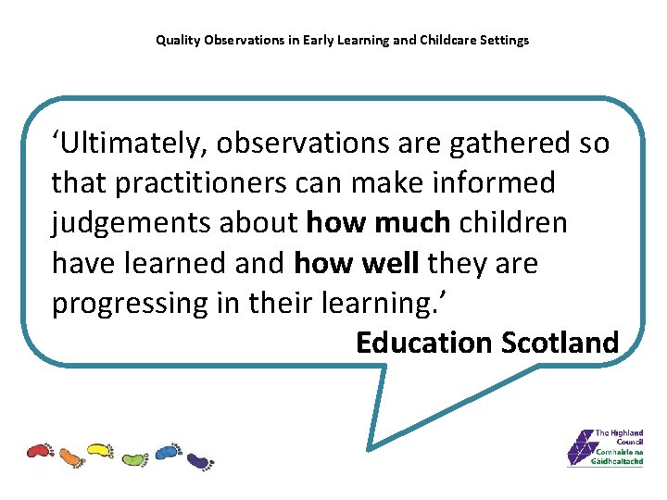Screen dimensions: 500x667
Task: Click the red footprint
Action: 40,451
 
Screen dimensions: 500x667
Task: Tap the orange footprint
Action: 71,456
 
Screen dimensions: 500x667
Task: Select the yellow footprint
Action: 99,451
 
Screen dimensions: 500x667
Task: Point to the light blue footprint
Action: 167,451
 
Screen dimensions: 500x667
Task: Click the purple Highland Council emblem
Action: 580,448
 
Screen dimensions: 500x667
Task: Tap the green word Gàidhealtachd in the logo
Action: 617,461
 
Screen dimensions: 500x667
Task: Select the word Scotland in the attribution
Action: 560,343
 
